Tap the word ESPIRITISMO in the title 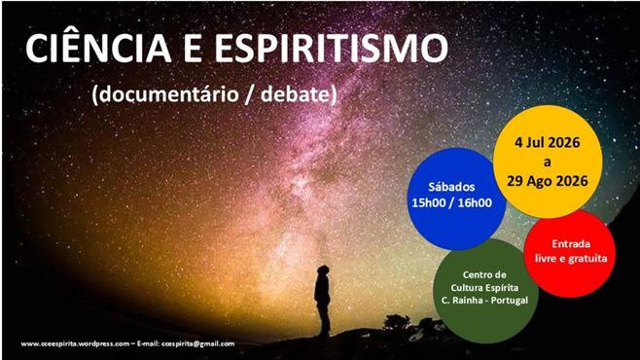331,48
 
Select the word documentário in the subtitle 168,95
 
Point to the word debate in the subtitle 295,94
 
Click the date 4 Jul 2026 547,142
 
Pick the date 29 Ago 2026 548,181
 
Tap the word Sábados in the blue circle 451,187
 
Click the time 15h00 428,202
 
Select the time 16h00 475,202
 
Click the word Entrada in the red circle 571,243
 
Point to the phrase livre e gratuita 571,259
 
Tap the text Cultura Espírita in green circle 484,288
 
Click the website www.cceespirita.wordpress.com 75,343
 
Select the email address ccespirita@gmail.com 198,343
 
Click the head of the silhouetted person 323,271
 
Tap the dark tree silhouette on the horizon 396,322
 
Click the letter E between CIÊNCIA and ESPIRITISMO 193,49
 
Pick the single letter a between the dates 547,162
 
